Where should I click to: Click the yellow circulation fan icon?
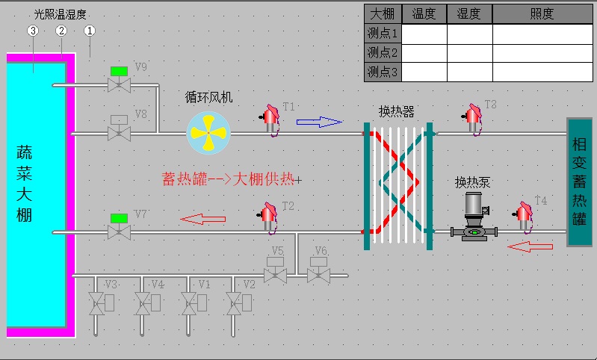(x=208, y=133)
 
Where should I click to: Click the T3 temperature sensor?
(x=472, y=119)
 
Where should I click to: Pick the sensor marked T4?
(x=524, y=217)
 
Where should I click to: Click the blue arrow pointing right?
(x=320, y=122)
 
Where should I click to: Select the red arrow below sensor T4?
(x=530, y=246)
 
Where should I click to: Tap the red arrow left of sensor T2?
(x=203, y=219)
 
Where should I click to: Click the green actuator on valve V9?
(x=119, y=71)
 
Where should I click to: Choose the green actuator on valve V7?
(x=119, y=218)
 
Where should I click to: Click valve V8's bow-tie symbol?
(x=119, y=134)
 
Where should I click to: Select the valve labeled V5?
(x=275, y=270)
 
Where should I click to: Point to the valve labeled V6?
(x=319, y=270)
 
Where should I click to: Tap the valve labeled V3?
(x=102, y=303)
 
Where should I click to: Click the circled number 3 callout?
(x=33, y=31)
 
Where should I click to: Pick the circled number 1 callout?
(x=90, y=31)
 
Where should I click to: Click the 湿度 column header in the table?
(x=469, y=14)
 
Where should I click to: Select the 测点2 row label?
(x=383, y=52)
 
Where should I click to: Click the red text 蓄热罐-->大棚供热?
(x=228, y=179)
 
